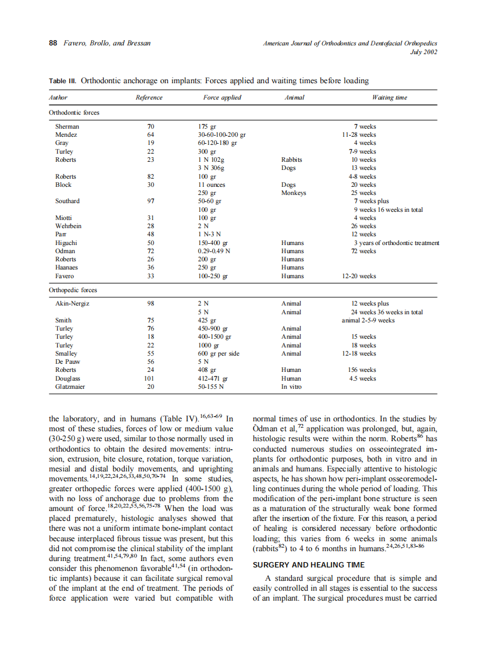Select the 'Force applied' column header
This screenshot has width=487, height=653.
[x=222, y=98]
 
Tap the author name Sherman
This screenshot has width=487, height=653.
[x=67, y=126]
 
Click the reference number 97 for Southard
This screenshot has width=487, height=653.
[x=150, y=201]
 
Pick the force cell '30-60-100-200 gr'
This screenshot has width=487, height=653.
[x=222, y=134]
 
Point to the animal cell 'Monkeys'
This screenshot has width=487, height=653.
[x=294, y=193]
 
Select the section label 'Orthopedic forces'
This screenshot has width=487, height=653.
[x=73, y=290]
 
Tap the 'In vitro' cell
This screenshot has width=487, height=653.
[x=292, y=386]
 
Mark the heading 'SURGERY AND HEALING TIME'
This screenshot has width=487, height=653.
[x=308, y=565]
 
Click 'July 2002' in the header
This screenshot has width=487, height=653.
[x=424, y=52]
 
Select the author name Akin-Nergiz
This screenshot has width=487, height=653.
[x=72, y=304]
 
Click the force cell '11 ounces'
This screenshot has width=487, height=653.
[x=211, y=184]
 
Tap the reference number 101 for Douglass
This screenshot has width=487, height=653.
[x=150, y=378]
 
